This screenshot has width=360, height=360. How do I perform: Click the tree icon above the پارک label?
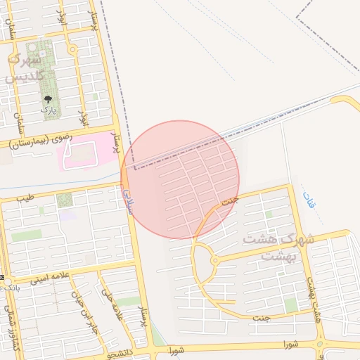click(x=48, y=100)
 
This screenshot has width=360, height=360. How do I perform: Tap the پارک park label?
click(x=48, y=110)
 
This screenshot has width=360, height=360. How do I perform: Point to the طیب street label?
click(x=25, y=197)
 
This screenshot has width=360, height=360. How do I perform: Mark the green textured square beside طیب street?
click(x=65, y=200)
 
